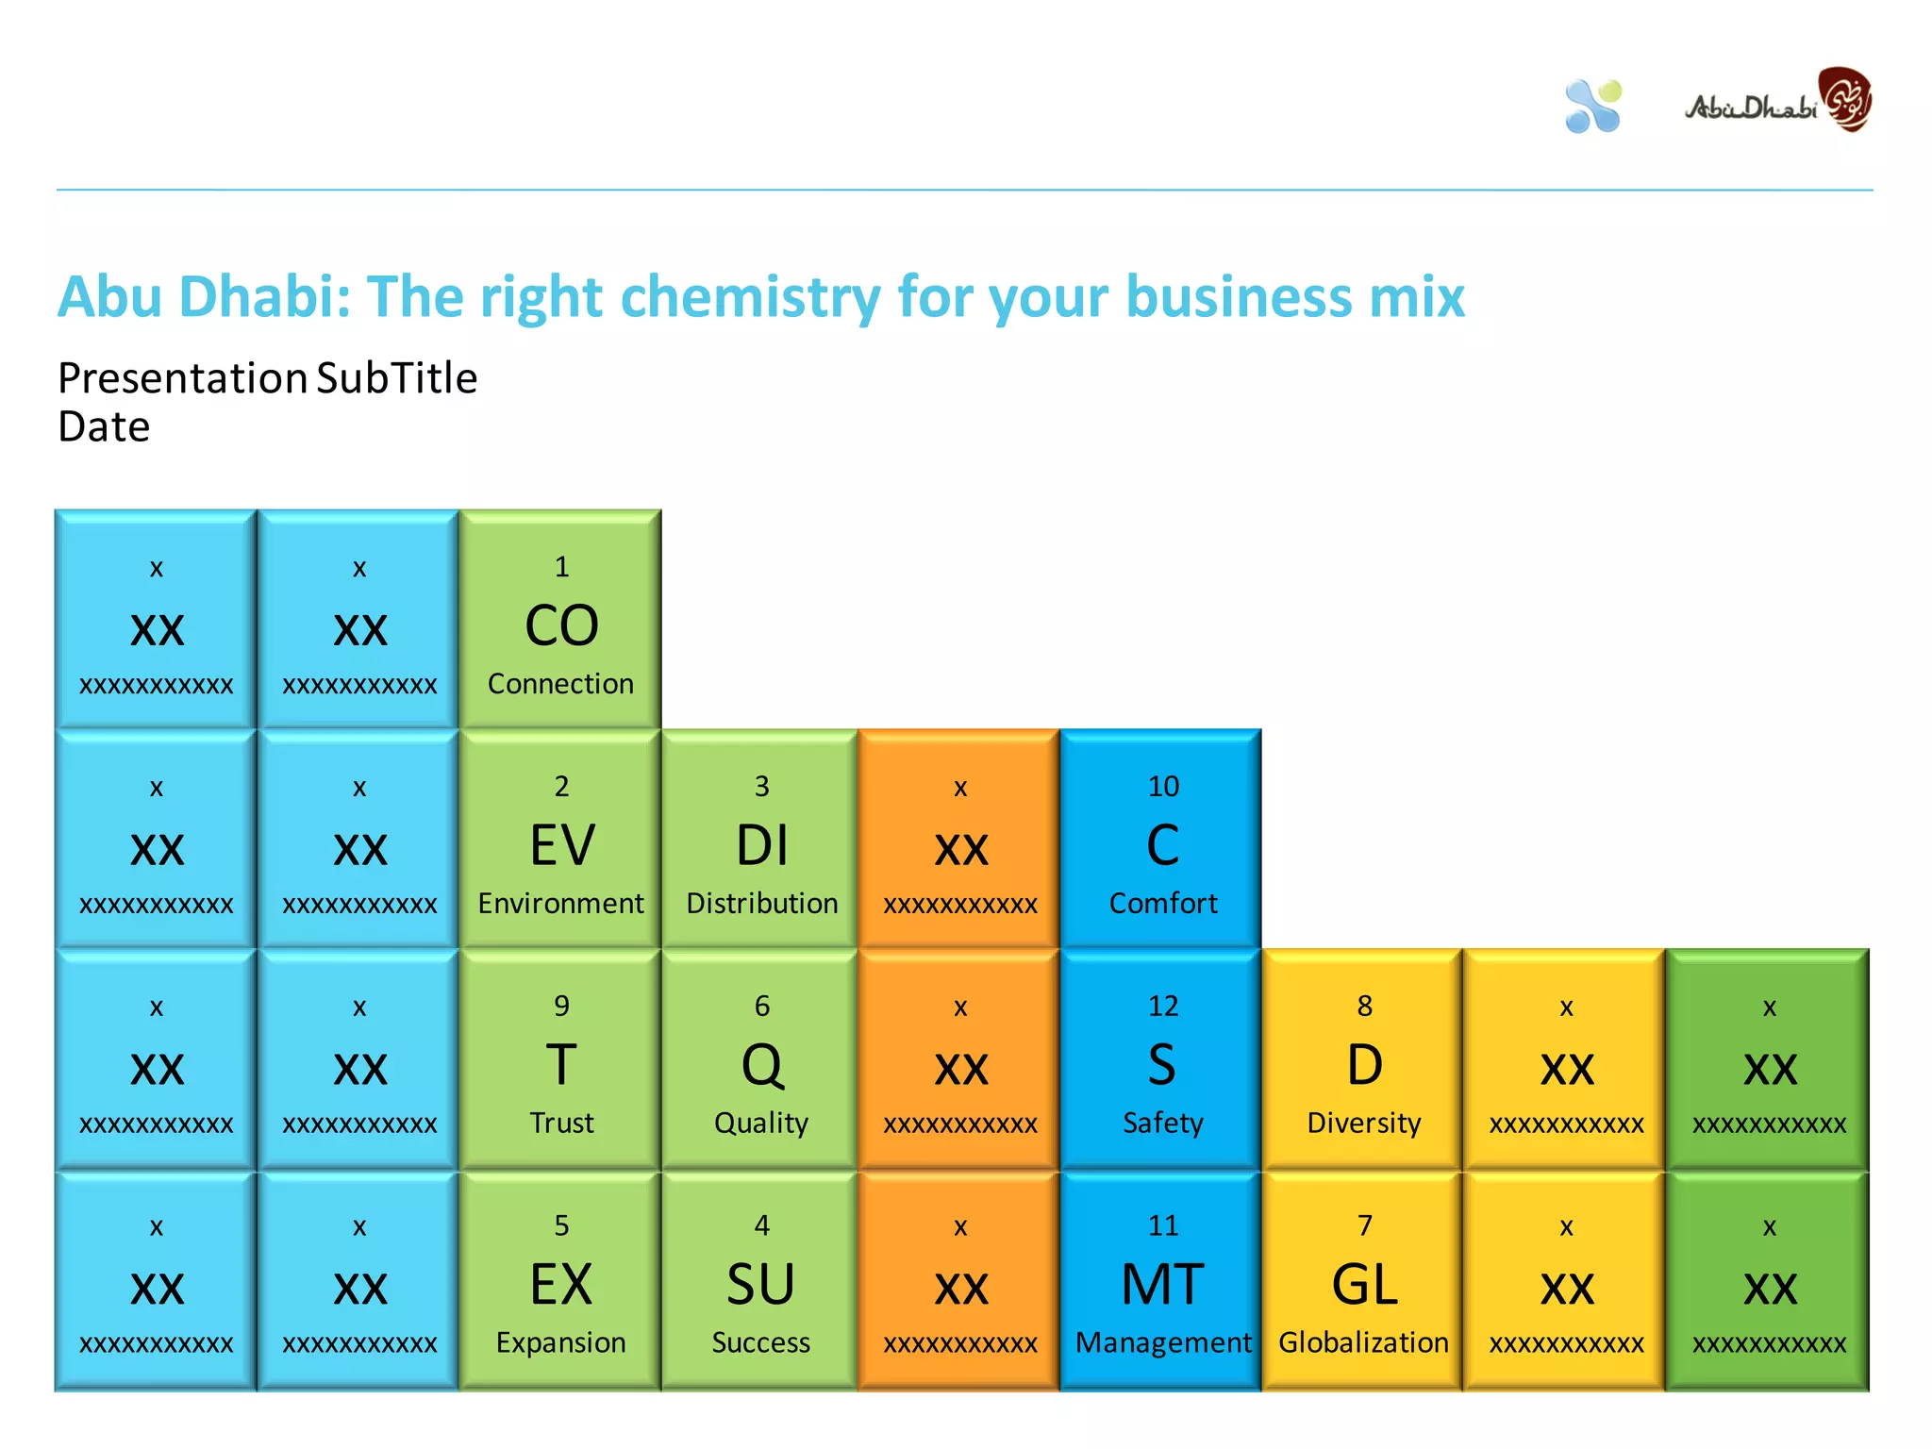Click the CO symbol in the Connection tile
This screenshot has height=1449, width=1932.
pos(561,626)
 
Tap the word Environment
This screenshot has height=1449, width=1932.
pos(560,904)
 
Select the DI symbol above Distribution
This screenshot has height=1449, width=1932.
pos(762,845)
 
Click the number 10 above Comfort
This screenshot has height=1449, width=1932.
pos(1163,787)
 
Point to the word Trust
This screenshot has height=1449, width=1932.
pos(561,1124)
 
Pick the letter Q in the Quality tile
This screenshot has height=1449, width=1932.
pos(762,1066)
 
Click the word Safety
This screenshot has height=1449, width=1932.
pos(1163,1124)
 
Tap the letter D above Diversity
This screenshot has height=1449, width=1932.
pos(1364,1066)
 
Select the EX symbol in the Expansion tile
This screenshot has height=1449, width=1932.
pos(561,1285)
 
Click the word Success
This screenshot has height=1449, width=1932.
pos(761,1343)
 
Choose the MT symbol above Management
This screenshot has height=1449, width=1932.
pos(1163,1285)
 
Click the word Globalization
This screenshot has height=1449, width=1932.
pos(1364,1343)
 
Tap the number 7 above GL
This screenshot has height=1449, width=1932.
pos(1364,1225)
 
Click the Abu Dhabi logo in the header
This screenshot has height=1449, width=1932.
pos(1778,102)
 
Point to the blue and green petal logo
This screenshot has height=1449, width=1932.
pos(1593,106)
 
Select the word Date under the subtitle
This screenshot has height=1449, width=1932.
pos(104,427)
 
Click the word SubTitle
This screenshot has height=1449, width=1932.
pos(397,378)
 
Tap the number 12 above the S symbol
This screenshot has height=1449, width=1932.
pos(1163,1007)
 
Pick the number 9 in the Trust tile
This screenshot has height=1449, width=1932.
pos(561,1007)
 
